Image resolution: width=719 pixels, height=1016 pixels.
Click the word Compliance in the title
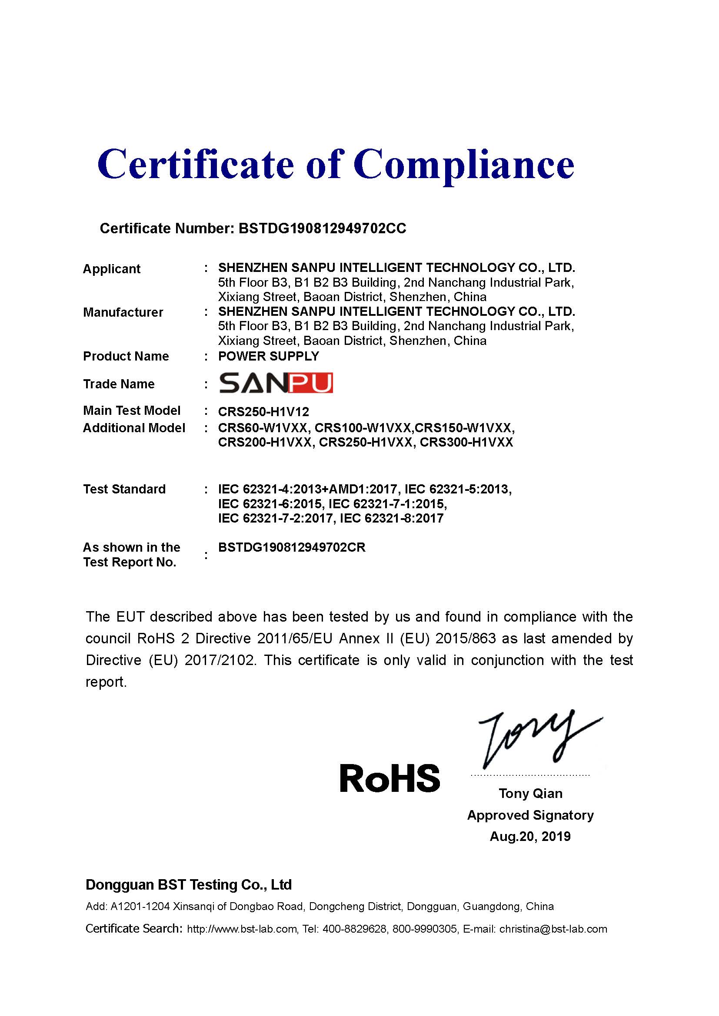pos(463,165)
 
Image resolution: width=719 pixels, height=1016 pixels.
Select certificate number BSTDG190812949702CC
pos(322,228)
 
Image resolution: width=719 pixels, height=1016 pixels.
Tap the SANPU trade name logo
pos(276,383)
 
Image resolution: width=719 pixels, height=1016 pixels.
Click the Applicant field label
pos(112,269)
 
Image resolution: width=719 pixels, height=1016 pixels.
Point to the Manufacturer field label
pos(123,312)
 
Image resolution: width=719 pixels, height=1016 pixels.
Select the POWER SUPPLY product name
pos(268,356)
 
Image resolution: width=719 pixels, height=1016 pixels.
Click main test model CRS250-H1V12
pos(263,412)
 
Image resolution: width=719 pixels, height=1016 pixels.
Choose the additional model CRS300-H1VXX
pos(466,443)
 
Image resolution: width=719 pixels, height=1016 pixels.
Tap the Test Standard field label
pos(124,489)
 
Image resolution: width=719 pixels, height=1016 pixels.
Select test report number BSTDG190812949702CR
pos(292,547)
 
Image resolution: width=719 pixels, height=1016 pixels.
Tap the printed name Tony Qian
pos(530,794)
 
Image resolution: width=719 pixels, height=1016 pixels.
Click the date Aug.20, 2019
pos(530,836)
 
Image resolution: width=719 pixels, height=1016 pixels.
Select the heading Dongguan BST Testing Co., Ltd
pos(189,884)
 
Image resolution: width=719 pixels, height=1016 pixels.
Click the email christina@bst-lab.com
pos(553,929)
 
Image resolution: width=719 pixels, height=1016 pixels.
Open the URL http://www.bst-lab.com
pos(242,929)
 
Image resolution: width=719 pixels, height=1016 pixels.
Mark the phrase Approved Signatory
pos(530,815)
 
